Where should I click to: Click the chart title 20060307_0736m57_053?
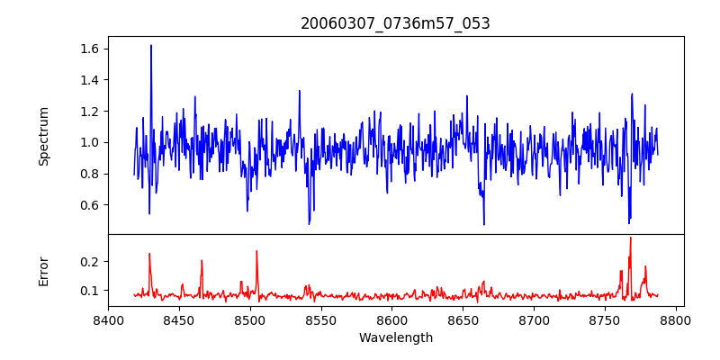click(x=395, y=23)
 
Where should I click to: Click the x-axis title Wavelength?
click(x=395, y=337)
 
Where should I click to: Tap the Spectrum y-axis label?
click(x=44, y=136)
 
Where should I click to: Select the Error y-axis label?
click(x=44, y=271)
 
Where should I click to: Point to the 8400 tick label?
click(x=108, y=319)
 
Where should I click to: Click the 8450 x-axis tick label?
click(x=179, y=319)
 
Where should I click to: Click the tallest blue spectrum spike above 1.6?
click(x=151, y=46)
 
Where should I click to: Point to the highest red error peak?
click(x=630, y=238)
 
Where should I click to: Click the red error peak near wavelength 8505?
click(x=256, y=252)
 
